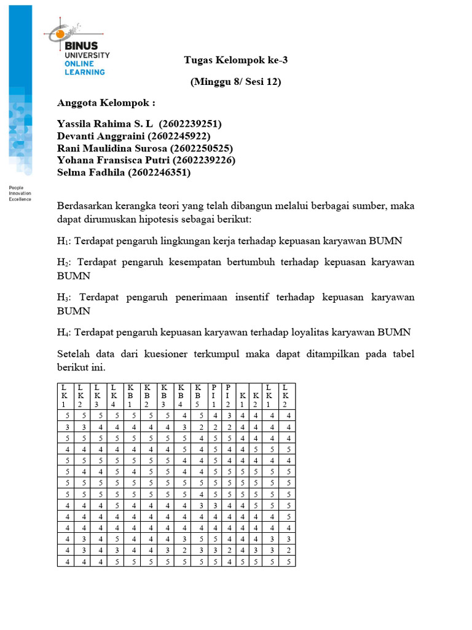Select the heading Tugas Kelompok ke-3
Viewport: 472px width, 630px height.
pyautogui.click(x=235, y=60)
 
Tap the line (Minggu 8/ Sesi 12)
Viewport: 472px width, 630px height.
pyautogui.click(x=235, y=81)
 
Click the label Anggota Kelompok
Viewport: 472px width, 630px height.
pyautogui.click(x=106, y=103)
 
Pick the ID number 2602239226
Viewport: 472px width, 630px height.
pyautogui.click(x=205, y=161)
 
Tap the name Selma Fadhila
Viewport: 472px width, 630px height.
pyautogui.click(x=90, y=173)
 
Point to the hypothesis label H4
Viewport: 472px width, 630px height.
pyautogui.click(x=63, y=333)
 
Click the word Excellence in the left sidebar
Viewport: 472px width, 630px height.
pyautogui.click(x=20, y=199)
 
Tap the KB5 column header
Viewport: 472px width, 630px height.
pyautogui.click(x=198, y=395)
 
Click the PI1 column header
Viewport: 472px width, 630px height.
pyautogui.click(x=214, y=395)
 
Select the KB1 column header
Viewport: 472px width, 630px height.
pyautogui.click(x=130, y=395)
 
